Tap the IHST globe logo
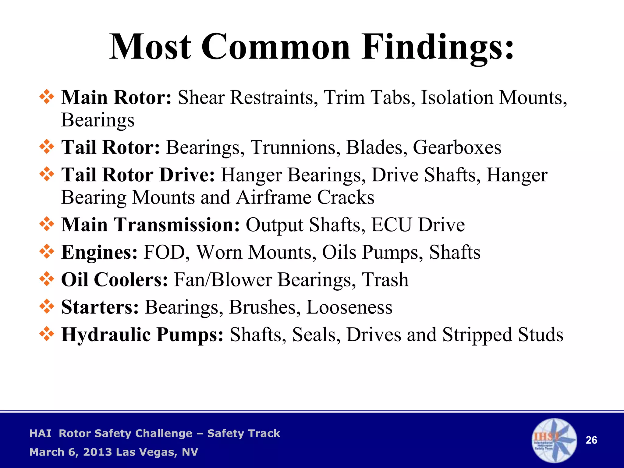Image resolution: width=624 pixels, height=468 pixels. (554, 440)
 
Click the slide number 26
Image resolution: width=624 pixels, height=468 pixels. (591, 440)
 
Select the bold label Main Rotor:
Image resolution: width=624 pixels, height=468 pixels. (116, 97)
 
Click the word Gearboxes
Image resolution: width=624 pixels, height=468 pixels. (457, 147)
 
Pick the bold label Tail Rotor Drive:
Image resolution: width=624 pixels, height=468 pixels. (138, 175)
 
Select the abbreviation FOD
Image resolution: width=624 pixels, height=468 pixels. (164, 252)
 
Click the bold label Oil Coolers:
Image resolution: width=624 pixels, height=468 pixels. (115, 280)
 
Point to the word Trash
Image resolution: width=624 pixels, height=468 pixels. (385, 280)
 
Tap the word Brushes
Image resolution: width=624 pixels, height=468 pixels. (263, 307)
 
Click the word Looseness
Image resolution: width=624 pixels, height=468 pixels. (349, 307)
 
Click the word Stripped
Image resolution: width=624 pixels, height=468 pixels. (477, 335)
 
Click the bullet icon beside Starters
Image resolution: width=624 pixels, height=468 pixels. (47, 306)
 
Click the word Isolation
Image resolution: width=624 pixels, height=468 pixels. (457, 97)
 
